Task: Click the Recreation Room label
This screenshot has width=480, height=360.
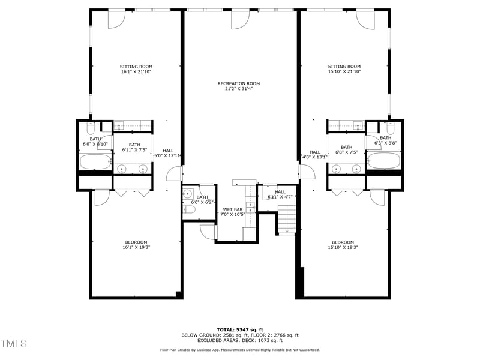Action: (239, 83)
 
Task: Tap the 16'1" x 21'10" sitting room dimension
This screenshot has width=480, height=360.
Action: (136, 72)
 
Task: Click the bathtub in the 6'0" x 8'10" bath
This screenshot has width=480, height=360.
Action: (95, 161)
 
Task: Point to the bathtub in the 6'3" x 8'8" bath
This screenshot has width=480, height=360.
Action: (383, 161)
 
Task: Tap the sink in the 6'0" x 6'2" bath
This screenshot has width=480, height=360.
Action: (188, 194)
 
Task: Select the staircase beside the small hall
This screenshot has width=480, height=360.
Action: (287, 218)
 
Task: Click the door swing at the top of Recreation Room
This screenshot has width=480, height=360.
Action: (240, 19)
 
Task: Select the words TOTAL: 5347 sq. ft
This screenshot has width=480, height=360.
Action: (240, 329)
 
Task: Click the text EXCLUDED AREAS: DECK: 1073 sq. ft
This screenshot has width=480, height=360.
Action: (240, 341)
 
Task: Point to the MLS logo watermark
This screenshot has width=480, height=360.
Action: (14, 343)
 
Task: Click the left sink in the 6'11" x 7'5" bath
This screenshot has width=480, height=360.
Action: (125, 169)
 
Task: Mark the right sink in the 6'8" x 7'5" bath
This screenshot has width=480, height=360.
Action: (355, 169)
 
